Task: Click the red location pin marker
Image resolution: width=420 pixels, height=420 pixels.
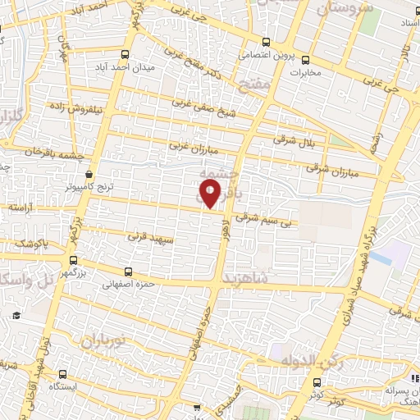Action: click(x=209, y=194)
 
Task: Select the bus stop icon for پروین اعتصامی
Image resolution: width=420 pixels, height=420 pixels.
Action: click(x=265, y=43)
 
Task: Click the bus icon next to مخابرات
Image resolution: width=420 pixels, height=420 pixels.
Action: click(x=305, y=59)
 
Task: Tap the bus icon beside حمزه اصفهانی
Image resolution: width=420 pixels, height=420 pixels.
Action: click(x=127, y=272)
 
